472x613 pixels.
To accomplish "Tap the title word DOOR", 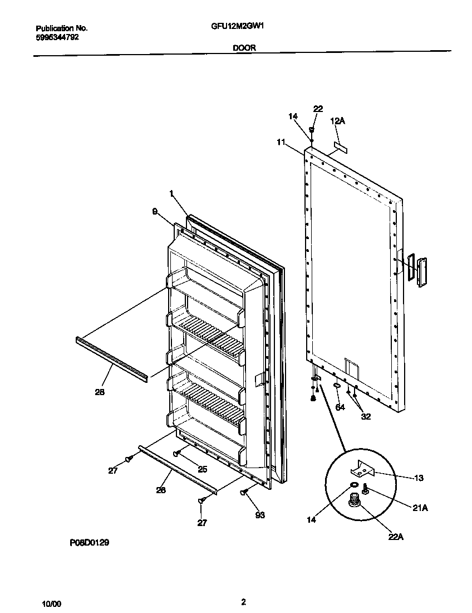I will [244, 48].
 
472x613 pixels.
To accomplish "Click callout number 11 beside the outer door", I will [280, 143].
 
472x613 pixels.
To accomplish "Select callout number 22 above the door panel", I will [318, 109].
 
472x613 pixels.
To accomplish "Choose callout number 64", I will [340, 407].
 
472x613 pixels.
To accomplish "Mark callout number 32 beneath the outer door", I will [366, 416].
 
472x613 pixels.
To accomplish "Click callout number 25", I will [202, 469].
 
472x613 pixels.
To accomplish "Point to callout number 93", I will [259, 515].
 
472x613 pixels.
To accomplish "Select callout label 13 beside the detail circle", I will [419, 478].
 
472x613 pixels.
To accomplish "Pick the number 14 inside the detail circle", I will [311, 519].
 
